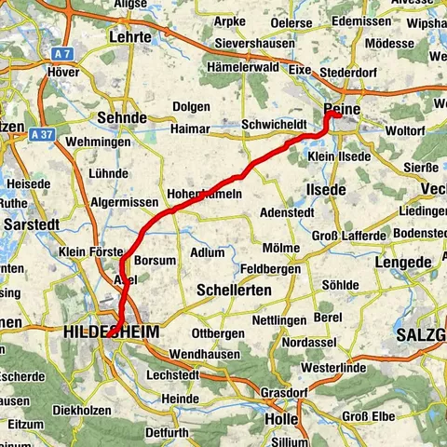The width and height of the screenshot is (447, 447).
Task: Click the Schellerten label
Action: pyautogui.click(x=233, y=291)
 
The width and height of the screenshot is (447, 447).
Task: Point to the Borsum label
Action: pyautogui.click(x=154, y=261)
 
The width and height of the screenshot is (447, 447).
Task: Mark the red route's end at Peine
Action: pyautogui.click(x=328, y=116)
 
